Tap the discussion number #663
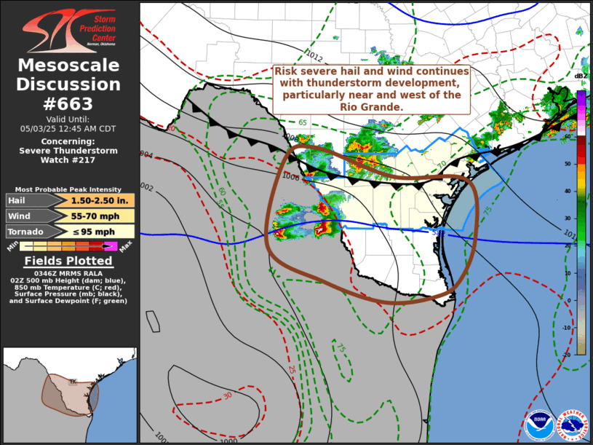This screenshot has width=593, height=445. point(69,103)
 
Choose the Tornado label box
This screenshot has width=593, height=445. point(25,232)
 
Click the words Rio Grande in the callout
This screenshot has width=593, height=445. point(370,106)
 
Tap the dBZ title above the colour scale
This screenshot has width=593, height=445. point(581,76)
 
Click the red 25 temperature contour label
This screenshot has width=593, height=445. point(290,369)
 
